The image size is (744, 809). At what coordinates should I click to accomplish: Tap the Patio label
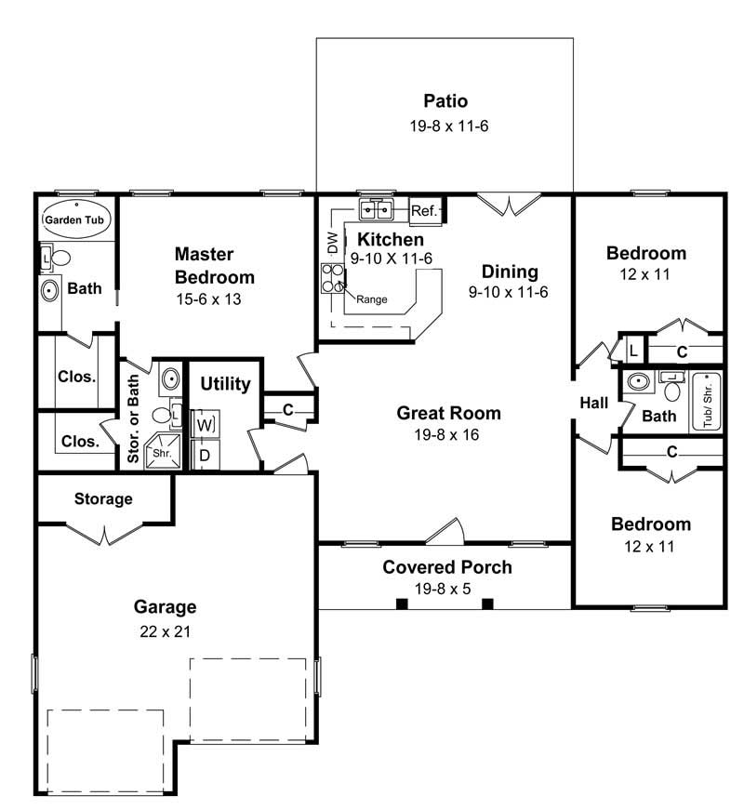[x=445, y=100]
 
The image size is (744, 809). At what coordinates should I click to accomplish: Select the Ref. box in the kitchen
[x=424, y=212]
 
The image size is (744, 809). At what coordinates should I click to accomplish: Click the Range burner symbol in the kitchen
[x=333, y=277]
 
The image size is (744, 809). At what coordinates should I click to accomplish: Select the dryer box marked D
[x=205, y=455]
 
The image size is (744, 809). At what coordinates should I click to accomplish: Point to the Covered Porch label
[x=447, y=566]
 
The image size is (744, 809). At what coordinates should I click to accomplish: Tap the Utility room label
[x=225, y=384]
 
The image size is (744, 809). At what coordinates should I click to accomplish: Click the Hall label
[x=594, y=404]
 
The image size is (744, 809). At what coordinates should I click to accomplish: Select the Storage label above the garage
[x=103, y=499]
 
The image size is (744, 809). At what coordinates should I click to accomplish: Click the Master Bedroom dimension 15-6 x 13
[x=215, y=300]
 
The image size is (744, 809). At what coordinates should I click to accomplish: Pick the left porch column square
[x=402, y=603]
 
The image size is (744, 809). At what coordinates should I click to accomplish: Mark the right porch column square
[x=487, y=603]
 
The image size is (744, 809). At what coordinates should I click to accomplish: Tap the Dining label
[x=510, y=272]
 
